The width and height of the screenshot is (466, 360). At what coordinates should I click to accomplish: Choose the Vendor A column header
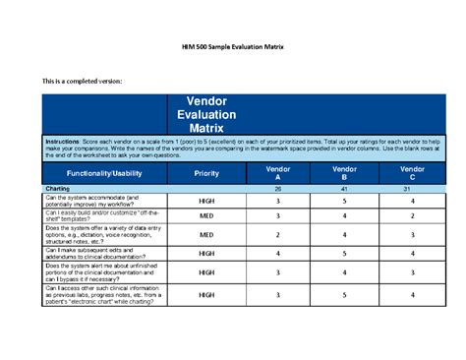[x=278, y=172]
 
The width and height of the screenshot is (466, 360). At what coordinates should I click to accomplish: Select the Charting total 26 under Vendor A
[x=278, y=187]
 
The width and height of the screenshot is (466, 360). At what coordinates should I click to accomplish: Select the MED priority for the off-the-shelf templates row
[x=206, y=215]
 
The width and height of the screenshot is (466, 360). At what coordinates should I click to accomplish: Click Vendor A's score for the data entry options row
[x=278, y=235]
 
